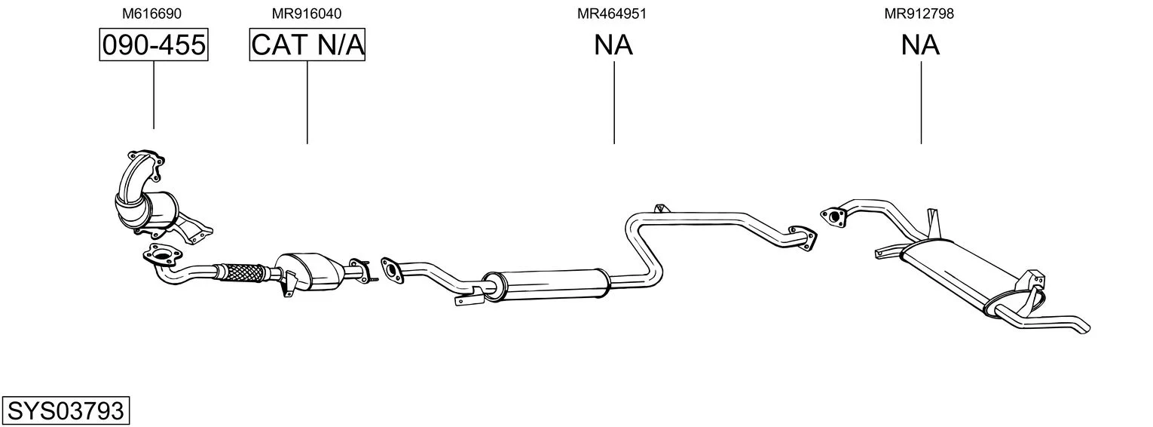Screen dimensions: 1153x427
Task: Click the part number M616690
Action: coord(151,14)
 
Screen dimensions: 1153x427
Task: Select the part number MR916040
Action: coord(307,14)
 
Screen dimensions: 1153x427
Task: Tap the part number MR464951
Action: coord(611,14)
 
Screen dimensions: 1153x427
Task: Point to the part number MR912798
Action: coord(919,14)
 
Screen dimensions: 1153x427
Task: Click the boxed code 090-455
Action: coord(154,45)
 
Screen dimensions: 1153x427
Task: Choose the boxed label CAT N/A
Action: coord(307,45)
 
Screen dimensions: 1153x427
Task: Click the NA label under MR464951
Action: coord(613,45)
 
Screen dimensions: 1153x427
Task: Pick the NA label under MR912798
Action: coord(920,45)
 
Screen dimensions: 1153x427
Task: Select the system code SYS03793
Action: coord(66,410)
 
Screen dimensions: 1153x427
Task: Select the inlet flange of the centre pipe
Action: coord(392,270)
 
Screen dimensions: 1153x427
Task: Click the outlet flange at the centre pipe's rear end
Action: coord(803,238)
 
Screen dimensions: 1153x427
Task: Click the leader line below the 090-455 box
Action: coord(154,95)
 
